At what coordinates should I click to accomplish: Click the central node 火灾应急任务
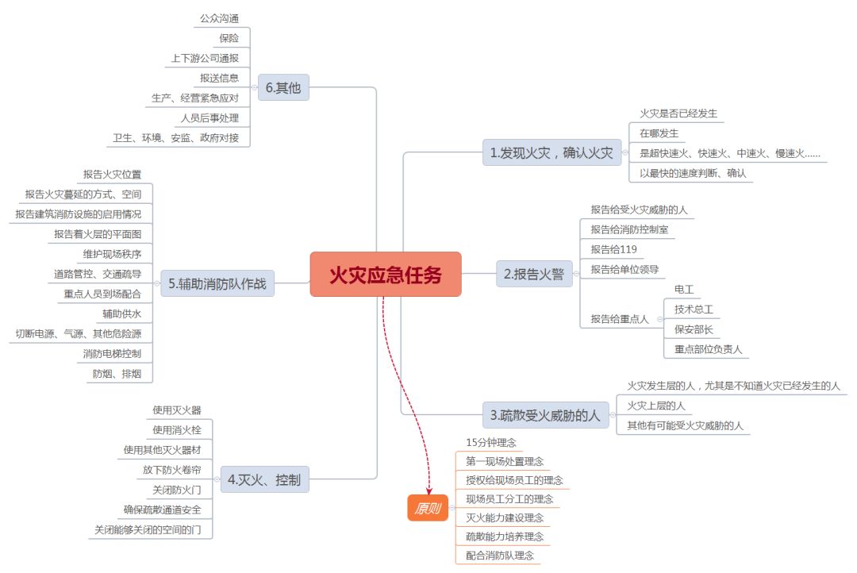[x=385, y=275]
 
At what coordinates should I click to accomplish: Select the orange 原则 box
[x=428, y=509]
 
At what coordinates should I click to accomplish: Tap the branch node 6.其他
[x=283, y=87]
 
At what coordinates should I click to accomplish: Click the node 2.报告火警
[x=534, y=275]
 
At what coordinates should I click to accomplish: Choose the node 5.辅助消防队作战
[x=217, y=283]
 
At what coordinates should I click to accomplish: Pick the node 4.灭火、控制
[x=263, y=479]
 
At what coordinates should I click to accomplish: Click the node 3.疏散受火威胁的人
[x=545, y=414]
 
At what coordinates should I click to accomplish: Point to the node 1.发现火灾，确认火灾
[x=551, y=152]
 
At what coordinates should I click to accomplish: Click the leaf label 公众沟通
[x=219, y=18]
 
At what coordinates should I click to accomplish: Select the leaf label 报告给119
[x=613, y=249]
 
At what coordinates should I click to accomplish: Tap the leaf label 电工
[x=683, y=289]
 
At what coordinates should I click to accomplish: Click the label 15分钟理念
[x=490, y=443]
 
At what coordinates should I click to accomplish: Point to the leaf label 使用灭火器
[x=177, y=410]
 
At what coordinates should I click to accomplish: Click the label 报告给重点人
[x=619, y=319]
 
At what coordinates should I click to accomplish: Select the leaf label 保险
[x=229, y=38]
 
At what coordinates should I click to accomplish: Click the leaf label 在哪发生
[x=659, y=133]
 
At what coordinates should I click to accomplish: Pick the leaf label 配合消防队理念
[x=499, y=556]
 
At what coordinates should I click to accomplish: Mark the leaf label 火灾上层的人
[x=655, y=406]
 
